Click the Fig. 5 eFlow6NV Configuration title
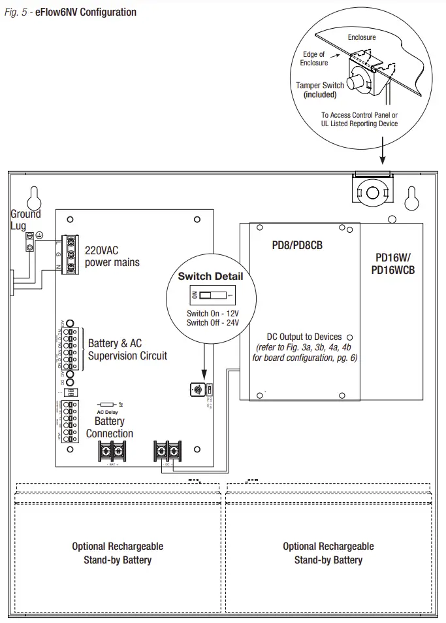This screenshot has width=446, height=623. [x=71, y=12]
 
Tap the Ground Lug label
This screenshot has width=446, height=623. [x=25, y=219]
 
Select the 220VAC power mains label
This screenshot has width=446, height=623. [x=112, y=256]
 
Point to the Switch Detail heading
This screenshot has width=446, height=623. [x=210, y=276]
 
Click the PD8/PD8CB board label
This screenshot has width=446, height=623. [x=297, y=246]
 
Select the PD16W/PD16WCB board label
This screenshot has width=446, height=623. [x=393, y=263]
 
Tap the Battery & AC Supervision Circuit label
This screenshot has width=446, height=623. [x=127, y=350]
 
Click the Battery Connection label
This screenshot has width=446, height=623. [x=110, y=428]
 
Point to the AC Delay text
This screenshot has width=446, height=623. [x=108, y=413]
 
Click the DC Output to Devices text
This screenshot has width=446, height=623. [x=304, y=337]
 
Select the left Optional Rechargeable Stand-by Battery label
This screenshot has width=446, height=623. [x=118, y=553]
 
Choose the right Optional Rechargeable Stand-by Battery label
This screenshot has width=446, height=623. [x=328, y=553]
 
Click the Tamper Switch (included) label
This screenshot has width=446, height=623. [x=320, y=90]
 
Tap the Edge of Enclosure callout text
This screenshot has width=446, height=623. [x=314, y=59]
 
